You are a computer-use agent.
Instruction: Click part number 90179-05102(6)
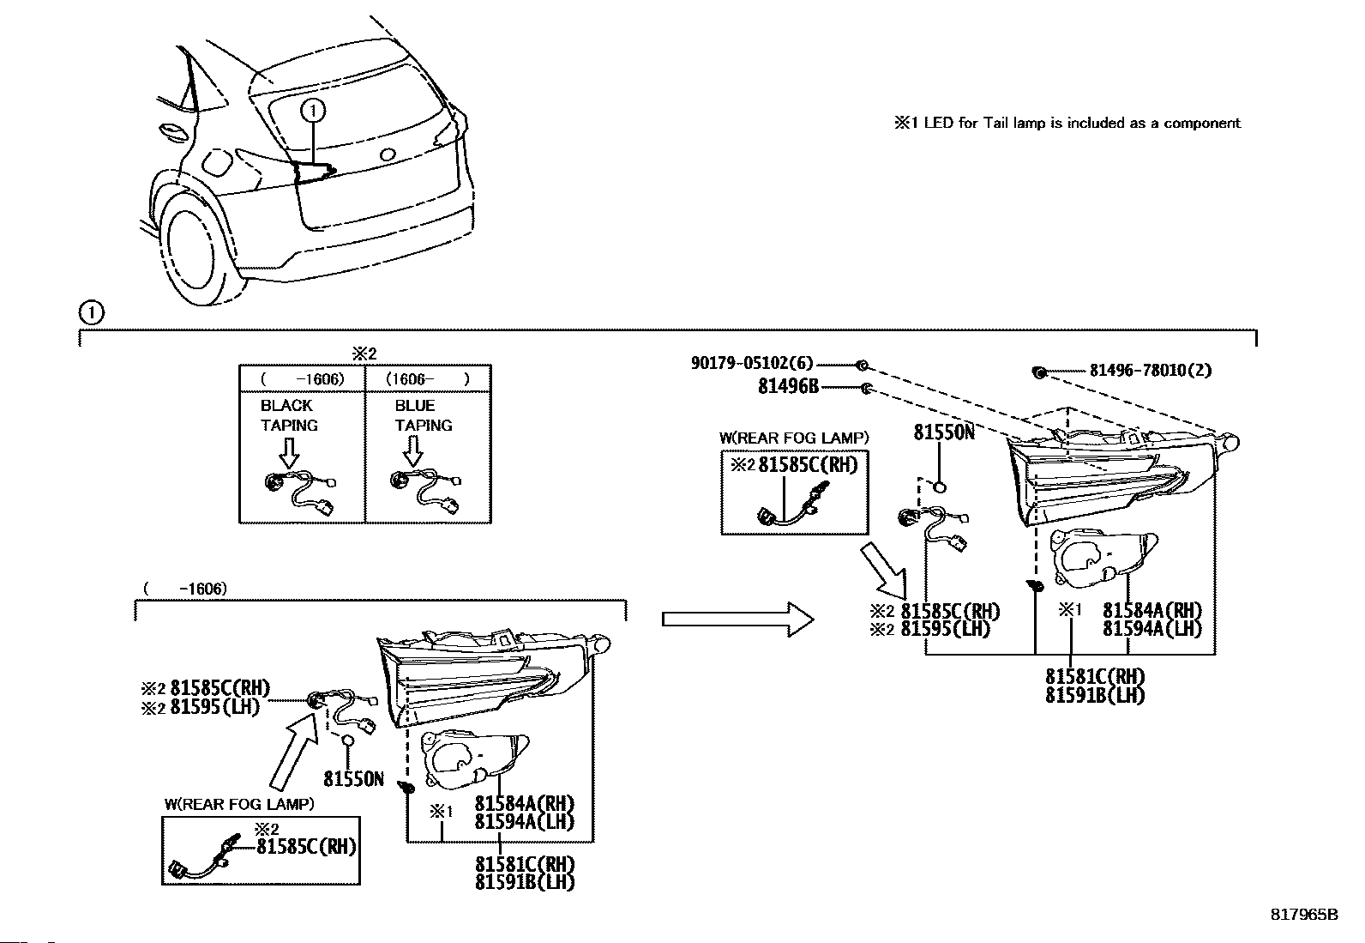click(x=752, y=364)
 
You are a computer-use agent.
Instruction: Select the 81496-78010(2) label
click(x=1151, y=370)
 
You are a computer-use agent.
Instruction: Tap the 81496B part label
click(x=789, y=387)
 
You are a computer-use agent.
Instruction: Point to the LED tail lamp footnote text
click(x=1067, y=124)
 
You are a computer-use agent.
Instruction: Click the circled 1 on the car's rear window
click(x=313, y=111)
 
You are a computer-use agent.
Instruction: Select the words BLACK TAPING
click(x=290, y=415)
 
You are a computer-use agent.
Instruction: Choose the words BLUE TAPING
click(x=424, y=415)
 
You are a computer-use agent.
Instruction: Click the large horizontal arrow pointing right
click(x=737, y=620)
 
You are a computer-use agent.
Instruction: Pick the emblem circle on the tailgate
click(x=388, y=155)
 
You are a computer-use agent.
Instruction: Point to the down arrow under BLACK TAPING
click(x=289, y=452)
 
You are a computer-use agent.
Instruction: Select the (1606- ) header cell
click(x=428, y=379)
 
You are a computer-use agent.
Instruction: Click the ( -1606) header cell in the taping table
click(x=303, y=379)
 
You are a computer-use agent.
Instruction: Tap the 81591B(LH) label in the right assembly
click(x=1095, y=695)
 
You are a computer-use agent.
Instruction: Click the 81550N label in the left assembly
click(x=353, y=779)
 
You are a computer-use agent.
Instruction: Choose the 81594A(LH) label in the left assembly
click(x=525, y=822)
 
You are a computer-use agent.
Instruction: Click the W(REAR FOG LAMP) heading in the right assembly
click(x=794, y=438)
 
